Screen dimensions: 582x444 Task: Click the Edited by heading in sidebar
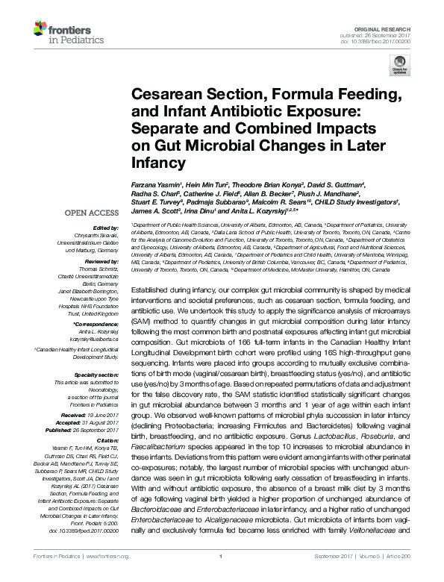98,228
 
